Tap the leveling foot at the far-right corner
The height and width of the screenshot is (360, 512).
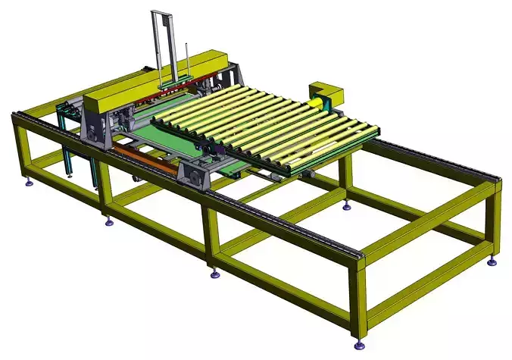click(x=492, y=262)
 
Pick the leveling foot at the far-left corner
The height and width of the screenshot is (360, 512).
click(x=30, y=182)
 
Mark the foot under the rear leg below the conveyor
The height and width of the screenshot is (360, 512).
click(x=346, y=206)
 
